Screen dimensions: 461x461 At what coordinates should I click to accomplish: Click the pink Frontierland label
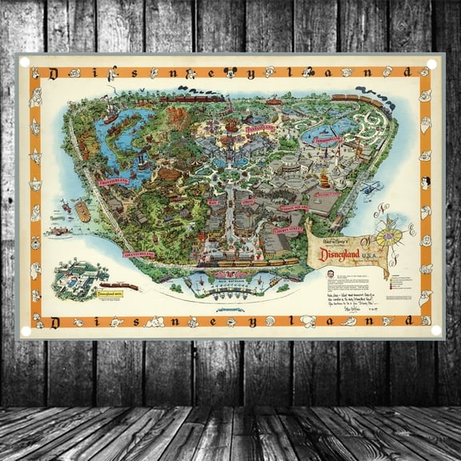click(x=114, y=182)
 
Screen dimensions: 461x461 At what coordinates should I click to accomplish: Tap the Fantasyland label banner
click(x=260, y=128)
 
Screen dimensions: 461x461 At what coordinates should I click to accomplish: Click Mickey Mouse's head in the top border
click(x=230, y=72)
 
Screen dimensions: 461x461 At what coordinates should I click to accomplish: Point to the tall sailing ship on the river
click(x=110, y=112)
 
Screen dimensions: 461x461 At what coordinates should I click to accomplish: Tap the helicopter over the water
click(x=370, y=188)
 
